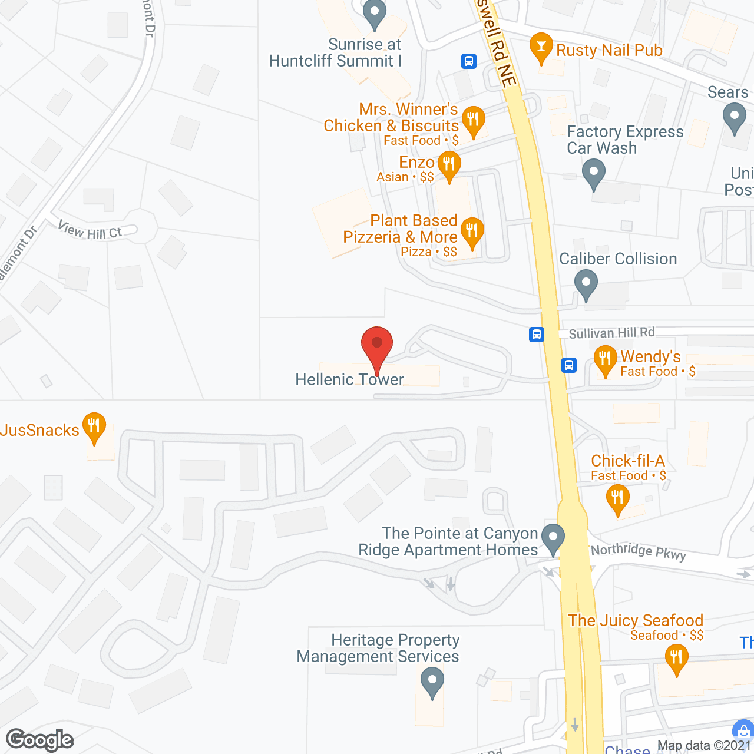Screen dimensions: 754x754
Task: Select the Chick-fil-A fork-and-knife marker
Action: click(617, 498)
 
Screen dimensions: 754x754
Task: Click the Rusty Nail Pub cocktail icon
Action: click(541, 47)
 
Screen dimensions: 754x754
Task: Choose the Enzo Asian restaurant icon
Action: click(449, 165)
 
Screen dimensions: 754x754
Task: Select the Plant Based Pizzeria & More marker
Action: click(472, 232)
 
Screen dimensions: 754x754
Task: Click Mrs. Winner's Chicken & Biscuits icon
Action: click(473, 120)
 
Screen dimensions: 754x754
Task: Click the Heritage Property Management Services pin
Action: click(432, 682)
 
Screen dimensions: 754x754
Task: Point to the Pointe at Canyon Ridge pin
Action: click(553, 538)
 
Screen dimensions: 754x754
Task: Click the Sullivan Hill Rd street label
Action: click(611, 333)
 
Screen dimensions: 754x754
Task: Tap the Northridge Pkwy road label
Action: click(639, 552)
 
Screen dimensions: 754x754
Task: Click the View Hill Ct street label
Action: click(90, 230)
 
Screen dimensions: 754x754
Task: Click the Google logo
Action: click(40, 740)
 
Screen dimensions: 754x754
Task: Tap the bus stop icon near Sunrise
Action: click(469, 61)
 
